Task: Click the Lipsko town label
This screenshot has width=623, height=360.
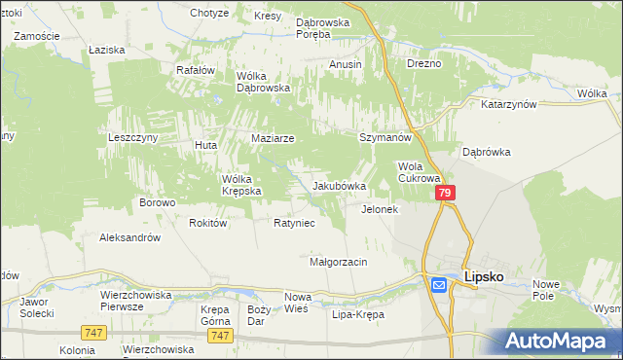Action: click(483, 276)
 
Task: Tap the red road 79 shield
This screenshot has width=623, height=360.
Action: click(445, 195)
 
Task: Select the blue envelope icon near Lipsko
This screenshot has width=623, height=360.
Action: click(438, 284)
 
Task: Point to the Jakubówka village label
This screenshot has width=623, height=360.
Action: click(339, 185)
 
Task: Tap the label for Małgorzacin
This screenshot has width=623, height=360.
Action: click(338, 262)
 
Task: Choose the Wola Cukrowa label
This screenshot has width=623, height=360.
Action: click(420, 172)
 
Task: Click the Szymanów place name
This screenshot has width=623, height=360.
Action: click(384, 138)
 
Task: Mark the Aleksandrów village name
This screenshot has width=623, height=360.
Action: click(130, 237)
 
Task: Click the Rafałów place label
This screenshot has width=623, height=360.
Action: click(195, 70)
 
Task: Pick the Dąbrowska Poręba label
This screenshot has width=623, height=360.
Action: click(327, 25)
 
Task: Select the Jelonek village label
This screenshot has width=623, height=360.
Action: click(380, 209)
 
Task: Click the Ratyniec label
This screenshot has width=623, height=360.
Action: click(293, 223)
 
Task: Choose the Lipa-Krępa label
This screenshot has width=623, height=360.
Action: click(358, 315)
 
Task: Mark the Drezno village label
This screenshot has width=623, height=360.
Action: click(424, 63)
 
